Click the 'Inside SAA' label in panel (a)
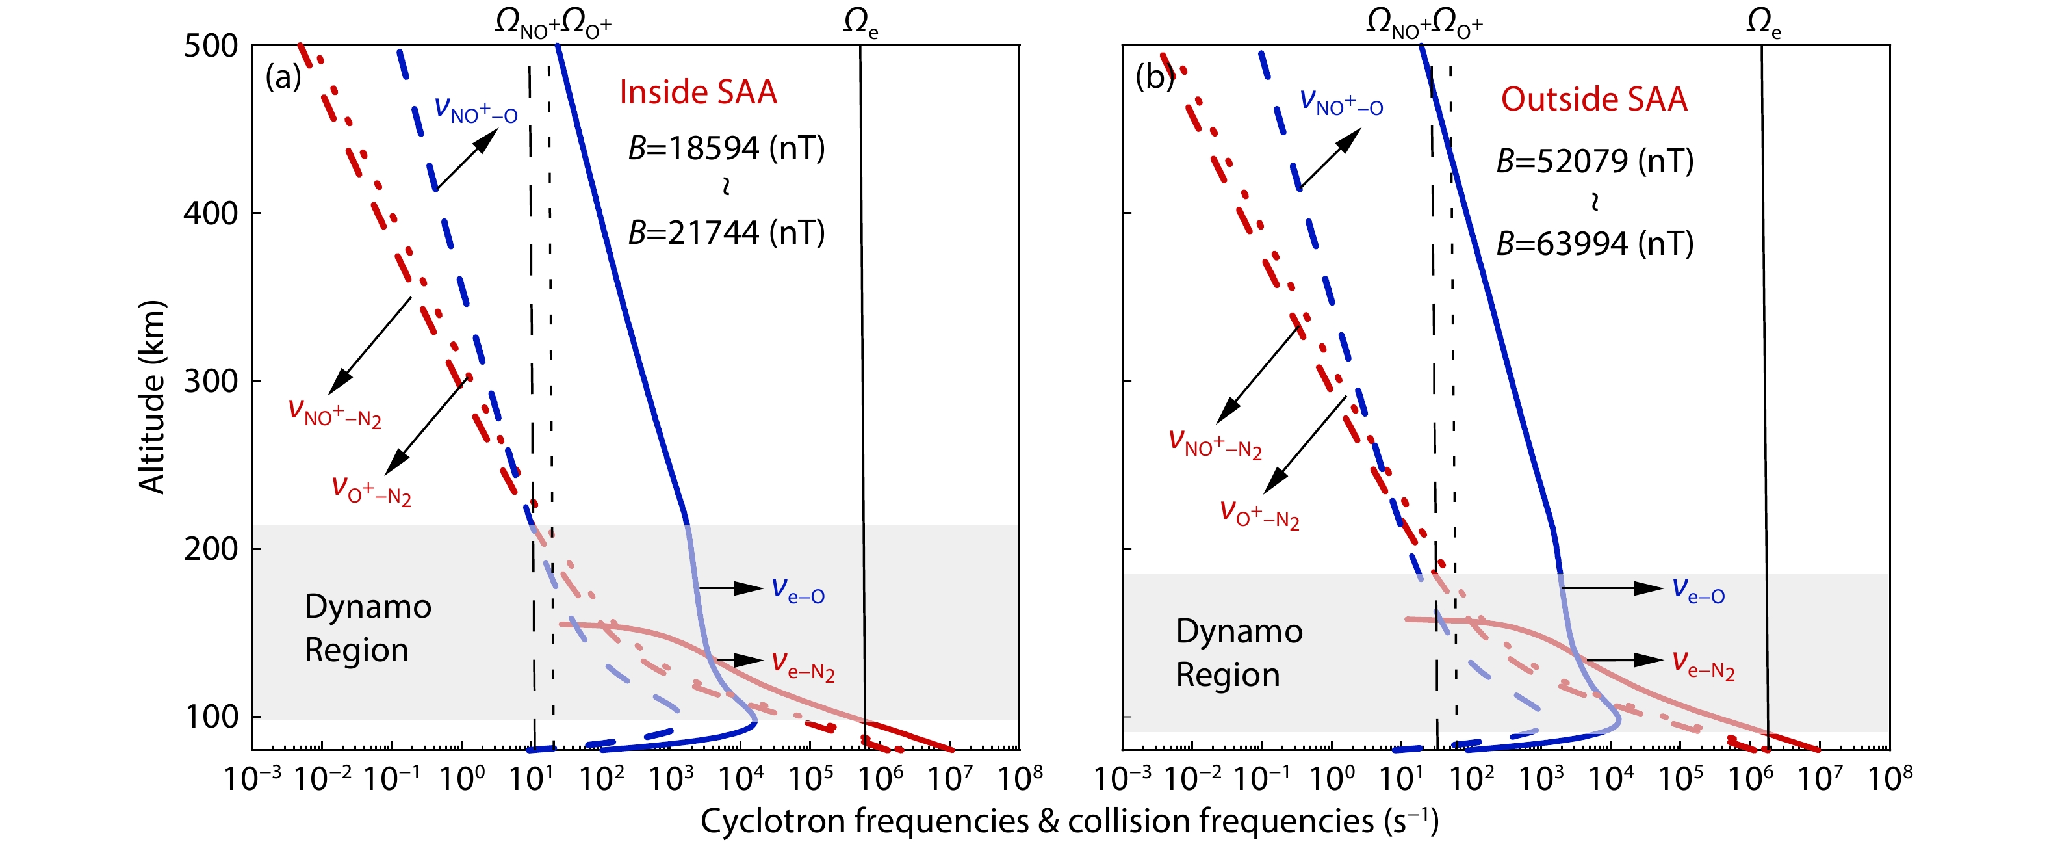tap(698, 92)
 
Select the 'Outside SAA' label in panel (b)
tap(1593, 99)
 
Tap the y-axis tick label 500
tap(211, 46)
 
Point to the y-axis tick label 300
tap(211, 381)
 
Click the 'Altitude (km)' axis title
tap(151, 397)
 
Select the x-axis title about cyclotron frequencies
tap(1069, 821)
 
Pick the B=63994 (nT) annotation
tap(1595, 243)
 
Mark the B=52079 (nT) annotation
tap(1595, 161)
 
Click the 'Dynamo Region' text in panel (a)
tap(367, 628)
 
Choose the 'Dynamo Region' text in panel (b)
tap(1239, 653)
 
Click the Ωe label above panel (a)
tap(860, 24)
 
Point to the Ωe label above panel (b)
tap(1762, 24)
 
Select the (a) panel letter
tap(283, 77)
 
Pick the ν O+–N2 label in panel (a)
tap(371, 490)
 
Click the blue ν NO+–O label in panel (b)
tap(1341, 103)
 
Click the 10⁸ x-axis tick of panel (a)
tap(1020, 778)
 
